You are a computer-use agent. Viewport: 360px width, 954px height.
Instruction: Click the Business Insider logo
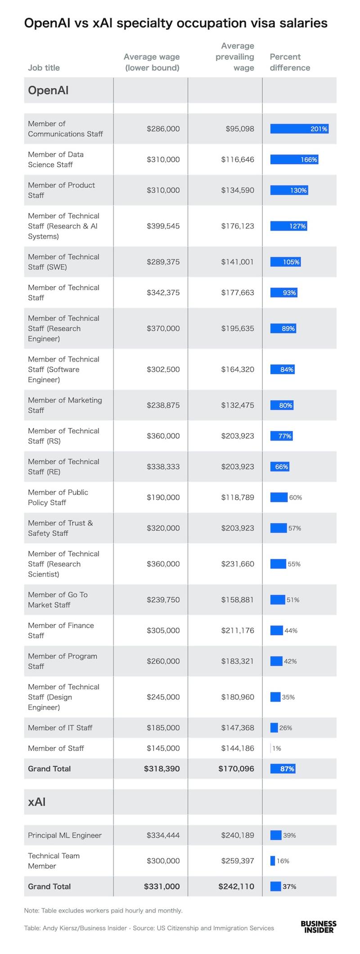tap(318, 927)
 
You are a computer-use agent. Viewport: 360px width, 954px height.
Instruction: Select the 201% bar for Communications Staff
tap(299, 129)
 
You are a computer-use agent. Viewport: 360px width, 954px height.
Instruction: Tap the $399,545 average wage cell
tap(163, 226)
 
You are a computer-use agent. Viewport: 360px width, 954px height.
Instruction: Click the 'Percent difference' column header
tap(290, 62)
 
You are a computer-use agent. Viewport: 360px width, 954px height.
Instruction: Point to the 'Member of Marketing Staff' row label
tap(65, 405)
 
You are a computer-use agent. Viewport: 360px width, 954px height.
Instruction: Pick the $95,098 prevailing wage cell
tap(240, 129)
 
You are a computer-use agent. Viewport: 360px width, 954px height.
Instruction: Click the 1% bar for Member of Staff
tap(271, 748)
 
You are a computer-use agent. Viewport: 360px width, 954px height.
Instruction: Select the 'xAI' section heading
tap(37, 802)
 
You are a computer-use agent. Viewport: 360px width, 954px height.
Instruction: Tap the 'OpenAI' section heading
tap(48, 90)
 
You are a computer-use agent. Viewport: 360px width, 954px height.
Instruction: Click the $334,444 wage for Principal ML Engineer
tap(163, 835)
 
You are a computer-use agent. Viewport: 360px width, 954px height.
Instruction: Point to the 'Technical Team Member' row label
tap(54, 861)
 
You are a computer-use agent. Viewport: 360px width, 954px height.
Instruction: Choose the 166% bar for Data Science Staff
tap(294, 160)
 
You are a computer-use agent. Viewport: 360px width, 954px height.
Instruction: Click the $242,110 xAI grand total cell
tap(236, 887)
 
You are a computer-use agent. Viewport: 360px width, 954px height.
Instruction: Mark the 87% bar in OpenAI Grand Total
tap(283, 769)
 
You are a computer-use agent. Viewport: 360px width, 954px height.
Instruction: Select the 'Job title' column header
tap(44, 68)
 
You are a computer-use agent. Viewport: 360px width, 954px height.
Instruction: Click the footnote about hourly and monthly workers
tap(103, 910)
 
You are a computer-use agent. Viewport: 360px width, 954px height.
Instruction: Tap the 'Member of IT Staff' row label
tap(60, 728)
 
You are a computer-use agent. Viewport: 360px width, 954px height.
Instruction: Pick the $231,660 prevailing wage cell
tap(238, 564)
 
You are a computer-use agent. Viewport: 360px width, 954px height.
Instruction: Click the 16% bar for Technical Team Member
tap(273, 861)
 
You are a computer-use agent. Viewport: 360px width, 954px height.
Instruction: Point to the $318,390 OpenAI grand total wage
tap(162, 769)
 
